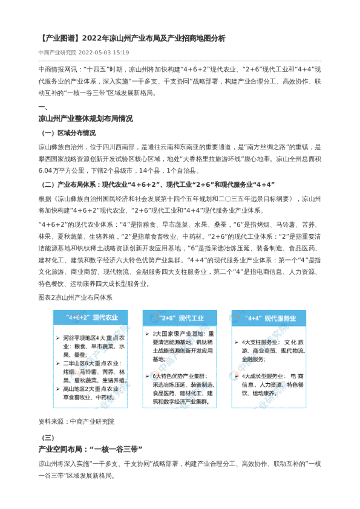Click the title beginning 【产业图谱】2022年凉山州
(x=131, y=38)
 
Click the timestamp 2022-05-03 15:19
(x=103, y=53)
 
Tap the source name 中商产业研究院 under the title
(x=57, y=53)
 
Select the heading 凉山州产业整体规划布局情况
(x=85, y=118)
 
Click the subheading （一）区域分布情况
(x=68, y=133)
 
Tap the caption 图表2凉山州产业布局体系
(x=75, y=297)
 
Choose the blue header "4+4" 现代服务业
(x=269, y=317)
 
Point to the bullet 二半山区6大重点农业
(x=91, y=364)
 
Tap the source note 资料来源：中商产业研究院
(x=76, y=421)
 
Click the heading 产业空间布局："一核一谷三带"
(x=90, y=449)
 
